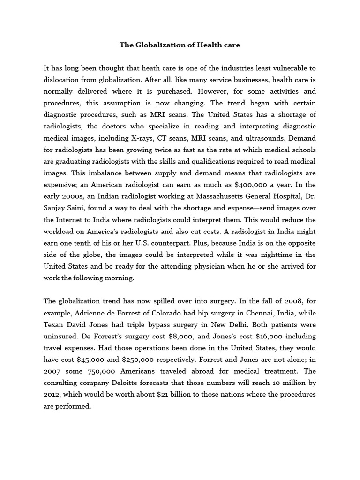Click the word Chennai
243,313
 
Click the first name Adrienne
91,313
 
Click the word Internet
71,219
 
